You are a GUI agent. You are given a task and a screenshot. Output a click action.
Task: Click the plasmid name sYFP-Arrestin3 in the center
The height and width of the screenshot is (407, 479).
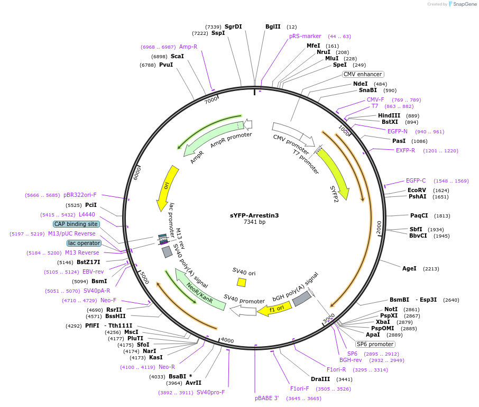254,215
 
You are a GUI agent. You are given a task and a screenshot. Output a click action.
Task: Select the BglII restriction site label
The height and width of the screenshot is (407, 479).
273,26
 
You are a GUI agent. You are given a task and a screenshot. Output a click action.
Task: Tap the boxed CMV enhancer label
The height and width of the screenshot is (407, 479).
363,75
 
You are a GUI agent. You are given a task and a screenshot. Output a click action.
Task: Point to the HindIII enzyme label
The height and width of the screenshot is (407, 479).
389,115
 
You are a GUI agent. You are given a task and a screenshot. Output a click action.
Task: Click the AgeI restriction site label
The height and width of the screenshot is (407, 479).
409,269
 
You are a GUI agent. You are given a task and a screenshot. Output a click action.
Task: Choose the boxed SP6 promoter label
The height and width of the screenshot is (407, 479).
375,344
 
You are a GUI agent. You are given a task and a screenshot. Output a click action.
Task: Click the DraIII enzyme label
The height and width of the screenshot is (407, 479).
320,379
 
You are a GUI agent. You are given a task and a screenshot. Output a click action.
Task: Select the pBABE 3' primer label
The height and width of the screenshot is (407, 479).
266,397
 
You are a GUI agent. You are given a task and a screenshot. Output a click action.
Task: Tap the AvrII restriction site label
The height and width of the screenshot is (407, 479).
193,383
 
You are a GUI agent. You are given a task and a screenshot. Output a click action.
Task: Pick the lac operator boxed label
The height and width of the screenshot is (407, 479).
84,243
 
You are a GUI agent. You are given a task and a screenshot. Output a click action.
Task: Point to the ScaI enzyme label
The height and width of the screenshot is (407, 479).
177,56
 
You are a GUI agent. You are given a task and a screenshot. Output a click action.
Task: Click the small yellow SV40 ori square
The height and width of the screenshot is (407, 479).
242,282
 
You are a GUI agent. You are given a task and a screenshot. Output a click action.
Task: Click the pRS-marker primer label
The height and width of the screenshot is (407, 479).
305,36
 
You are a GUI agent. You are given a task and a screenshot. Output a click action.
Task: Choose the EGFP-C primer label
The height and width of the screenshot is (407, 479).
416,180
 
